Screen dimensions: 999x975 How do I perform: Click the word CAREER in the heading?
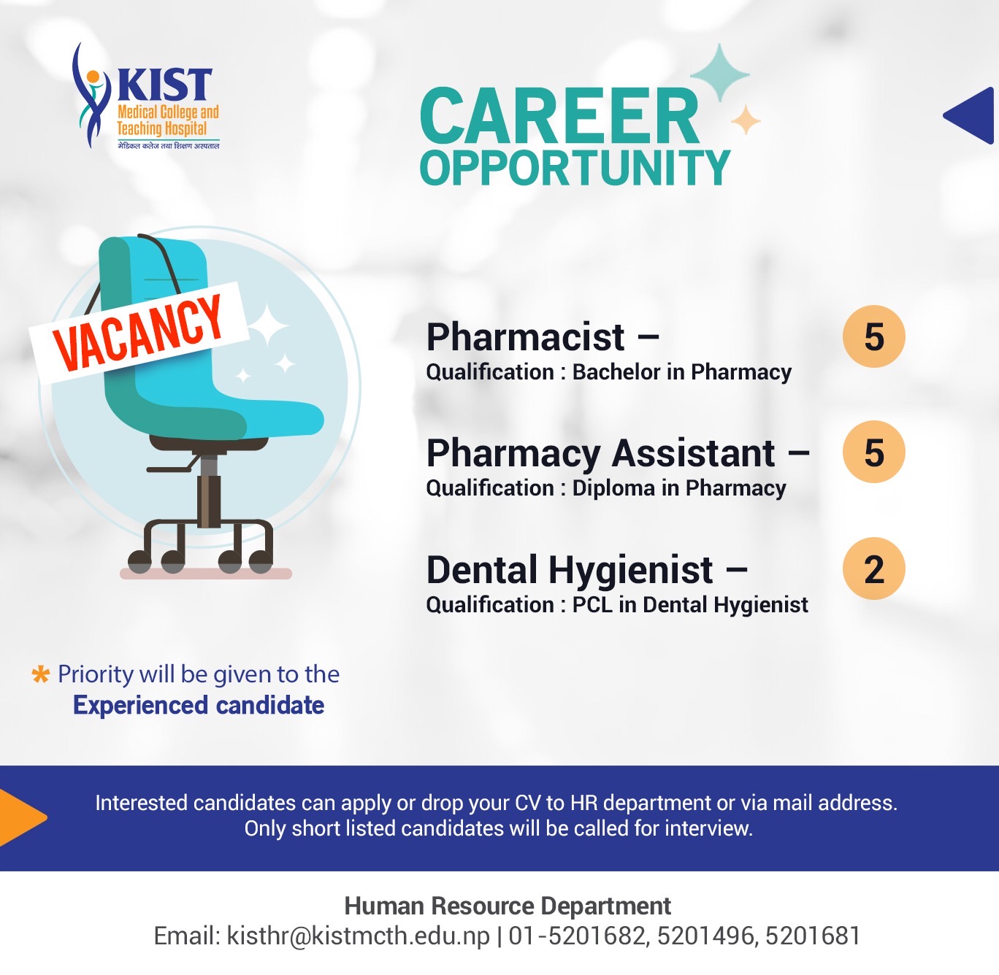560,116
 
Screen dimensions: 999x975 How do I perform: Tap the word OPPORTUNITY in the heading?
575,168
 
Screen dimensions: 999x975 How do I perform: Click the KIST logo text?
164,84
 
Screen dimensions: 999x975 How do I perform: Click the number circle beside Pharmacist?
873,336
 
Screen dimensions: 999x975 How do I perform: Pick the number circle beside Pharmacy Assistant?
873,452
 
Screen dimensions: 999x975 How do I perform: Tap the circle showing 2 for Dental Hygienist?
873,568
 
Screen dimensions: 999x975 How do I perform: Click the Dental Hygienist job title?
570,570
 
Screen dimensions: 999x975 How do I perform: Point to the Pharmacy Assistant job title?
600,454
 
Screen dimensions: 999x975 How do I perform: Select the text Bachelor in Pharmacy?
682,372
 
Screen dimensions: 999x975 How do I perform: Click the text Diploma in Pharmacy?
678,488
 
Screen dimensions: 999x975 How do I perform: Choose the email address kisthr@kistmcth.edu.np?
359,936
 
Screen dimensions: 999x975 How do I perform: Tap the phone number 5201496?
705,936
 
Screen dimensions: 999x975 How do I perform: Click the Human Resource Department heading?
508,906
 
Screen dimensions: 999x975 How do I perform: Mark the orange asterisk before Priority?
41,674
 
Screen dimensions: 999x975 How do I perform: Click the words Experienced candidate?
199,705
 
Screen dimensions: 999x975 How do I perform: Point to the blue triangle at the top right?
971,115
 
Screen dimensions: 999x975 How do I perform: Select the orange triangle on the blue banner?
23,818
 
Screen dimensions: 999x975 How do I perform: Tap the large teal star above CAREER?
720,74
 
